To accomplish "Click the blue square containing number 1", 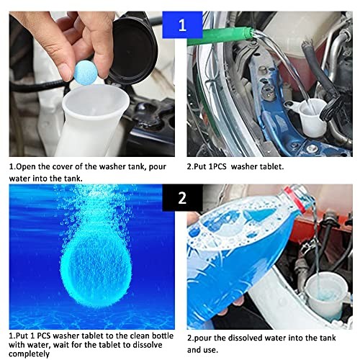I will click(181, 27).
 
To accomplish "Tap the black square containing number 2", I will click(180, 197).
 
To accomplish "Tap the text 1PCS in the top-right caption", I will click(223, 166).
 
